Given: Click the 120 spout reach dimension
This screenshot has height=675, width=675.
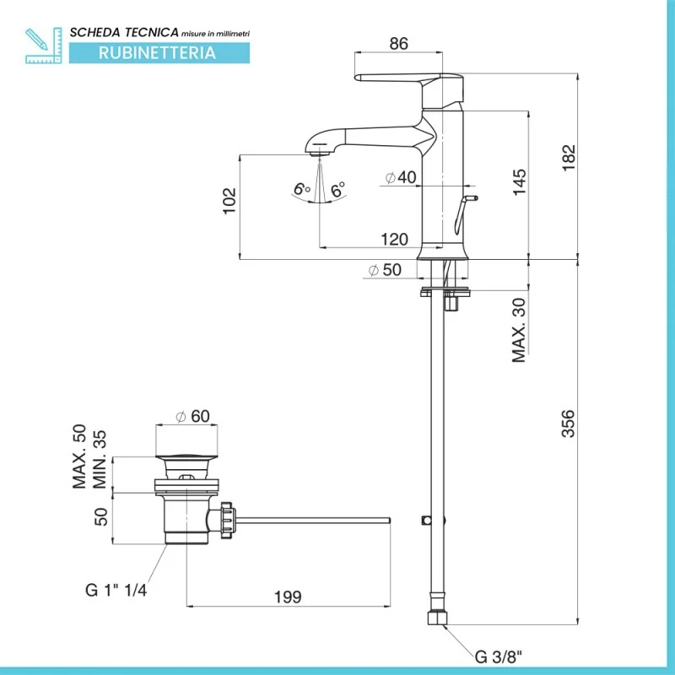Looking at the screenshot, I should point(393,239).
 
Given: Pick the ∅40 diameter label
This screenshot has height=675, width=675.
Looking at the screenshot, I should point(401,177).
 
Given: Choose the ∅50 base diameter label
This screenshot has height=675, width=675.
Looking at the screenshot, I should point(384,270).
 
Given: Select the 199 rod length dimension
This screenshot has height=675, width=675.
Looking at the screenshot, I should point(287,597).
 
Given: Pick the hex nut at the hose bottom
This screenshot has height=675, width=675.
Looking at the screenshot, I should point(438,618).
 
